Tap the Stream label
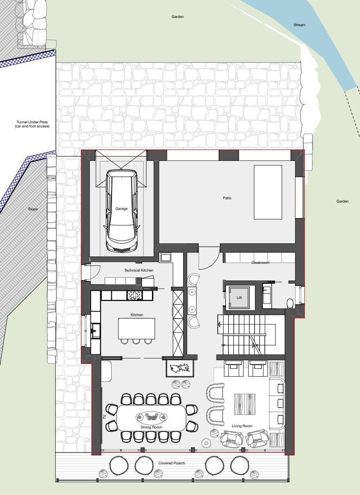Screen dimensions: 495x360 (x=299, y=25)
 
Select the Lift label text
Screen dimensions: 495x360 (x=239, y=298)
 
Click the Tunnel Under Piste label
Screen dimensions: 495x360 (x=32, y=124)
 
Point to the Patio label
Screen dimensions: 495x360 (x=227, y=198)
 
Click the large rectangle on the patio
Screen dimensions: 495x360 (x=268, y=192)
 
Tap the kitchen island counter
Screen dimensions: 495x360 (x=137, y=328)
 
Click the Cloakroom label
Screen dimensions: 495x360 (x=260, y=263)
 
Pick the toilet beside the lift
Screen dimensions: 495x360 (x=290, y=303)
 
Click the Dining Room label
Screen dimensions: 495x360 (x=151, y=427)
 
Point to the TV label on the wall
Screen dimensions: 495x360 (x=105, y=417)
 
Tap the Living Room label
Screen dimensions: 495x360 (x=242, y=426)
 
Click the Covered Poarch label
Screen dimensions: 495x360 (x=172, y=463)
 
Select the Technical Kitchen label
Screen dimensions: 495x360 (x=139, y=270)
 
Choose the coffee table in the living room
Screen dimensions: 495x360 (x=244, y=404)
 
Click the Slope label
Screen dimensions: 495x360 (x=33, y=209)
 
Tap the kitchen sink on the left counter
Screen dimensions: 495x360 (x=95, y=330)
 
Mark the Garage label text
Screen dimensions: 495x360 (x=121, y=209)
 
